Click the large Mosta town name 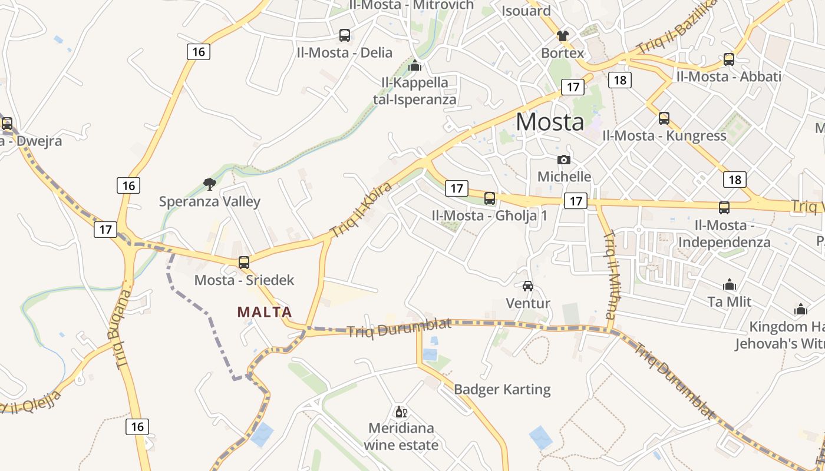pos(550,122)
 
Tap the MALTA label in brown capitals pos(265,312)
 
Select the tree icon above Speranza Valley pos(209,184)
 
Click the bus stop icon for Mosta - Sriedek pos(244,263)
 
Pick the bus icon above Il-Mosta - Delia pos(345,35)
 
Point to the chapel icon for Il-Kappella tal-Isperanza pos(415,65)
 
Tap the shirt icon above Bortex pos(563,36)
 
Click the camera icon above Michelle pos(564,160)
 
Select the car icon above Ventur pos(528,286)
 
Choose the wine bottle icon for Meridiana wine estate pos(401,412)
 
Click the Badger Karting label pos(502,389)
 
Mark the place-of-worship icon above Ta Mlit pos(730,285)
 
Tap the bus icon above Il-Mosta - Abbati pos(729,59)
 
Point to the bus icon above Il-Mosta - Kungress pos(664,118)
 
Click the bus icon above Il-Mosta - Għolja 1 pos(490,198)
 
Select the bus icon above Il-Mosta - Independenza pos(724,208)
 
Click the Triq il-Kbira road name pos(361,210)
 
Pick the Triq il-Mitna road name pos(611,274)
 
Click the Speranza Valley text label pos(209,202)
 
